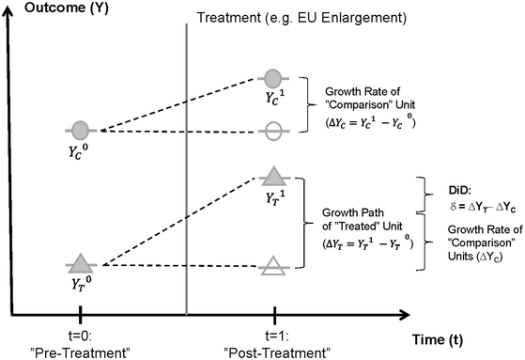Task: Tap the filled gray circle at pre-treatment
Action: click(x=81, y=129)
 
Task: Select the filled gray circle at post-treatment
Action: click(x=272, y=78)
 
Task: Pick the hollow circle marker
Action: click(x=272, y=131)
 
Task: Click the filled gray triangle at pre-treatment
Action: click(x=81, y=264)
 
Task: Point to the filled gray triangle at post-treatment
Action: click(x=272, y=175)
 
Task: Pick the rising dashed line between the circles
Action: click(x=178, y=104)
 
